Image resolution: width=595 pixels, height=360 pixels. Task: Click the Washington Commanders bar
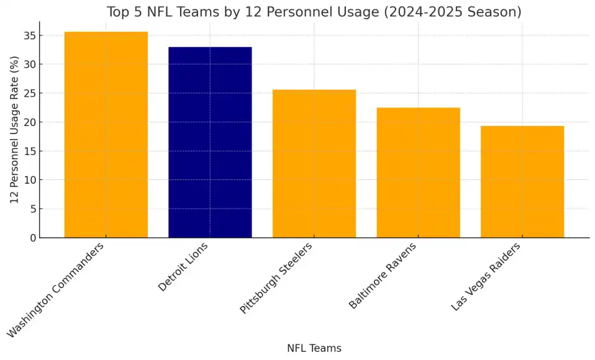point(106,135)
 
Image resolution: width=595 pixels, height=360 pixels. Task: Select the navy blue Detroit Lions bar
point(210,142)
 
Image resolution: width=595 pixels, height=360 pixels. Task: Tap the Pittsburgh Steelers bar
point(314,164)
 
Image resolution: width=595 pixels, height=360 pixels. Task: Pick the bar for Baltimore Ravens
point(418,173)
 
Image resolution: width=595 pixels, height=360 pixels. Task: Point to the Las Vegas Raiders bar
point(522,182)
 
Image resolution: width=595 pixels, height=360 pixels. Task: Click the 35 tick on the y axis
point(30,35)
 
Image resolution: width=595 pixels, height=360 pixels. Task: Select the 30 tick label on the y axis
point(30,64)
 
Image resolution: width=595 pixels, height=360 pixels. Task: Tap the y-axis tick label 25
point(30,93)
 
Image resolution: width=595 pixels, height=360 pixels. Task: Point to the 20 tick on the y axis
point(30,122)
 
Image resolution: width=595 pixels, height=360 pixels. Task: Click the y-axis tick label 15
point(30,151)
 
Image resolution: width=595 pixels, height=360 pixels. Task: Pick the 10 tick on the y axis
point(30,180)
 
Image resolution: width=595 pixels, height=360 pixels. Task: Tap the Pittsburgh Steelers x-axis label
point(276,277)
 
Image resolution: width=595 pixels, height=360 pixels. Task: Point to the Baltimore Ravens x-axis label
point(383,275)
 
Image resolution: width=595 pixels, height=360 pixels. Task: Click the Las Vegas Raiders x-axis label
point(486,276)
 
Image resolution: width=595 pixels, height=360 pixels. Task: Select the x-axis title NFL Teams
point(314,348)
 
